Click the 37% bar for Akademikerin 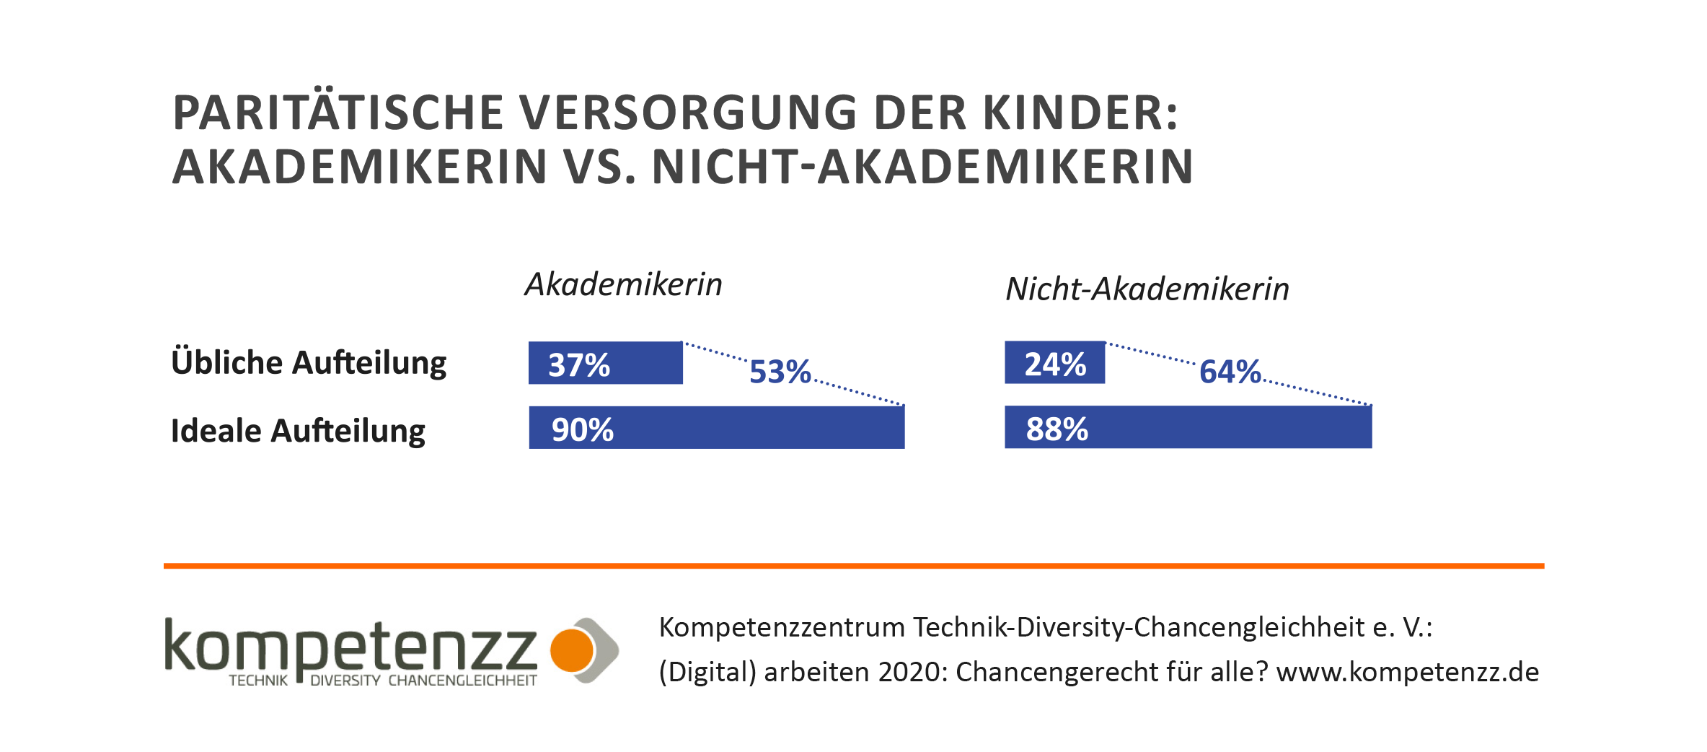tap(605, 363)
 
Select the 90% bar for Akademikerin tap(716, 428)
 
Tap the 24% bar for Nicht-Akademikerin tap(1054, 362)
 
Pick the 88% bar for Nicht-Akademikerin tap(1188, 427)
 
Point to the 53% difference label tap(780, 372)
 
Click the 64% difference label tap(1230, 372)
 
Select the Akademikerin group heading tap(623, 285)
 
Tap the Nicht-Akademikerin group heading tap(1147, 289)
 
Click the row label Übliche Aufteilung tap(309, 363)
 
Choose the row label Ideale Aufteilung tap(298, 431)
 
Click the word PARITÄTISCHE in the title tap(338, 113)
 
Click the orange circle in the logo tap(571, 650)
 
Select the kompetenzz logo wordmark tap(350, 646)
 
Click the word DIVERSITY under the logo tap(345, 681)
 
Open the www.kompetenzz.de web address tap(1407, 673)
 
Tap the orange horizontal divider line tap(853, 566)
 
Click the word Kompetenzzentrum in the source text tap(782, 628)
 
